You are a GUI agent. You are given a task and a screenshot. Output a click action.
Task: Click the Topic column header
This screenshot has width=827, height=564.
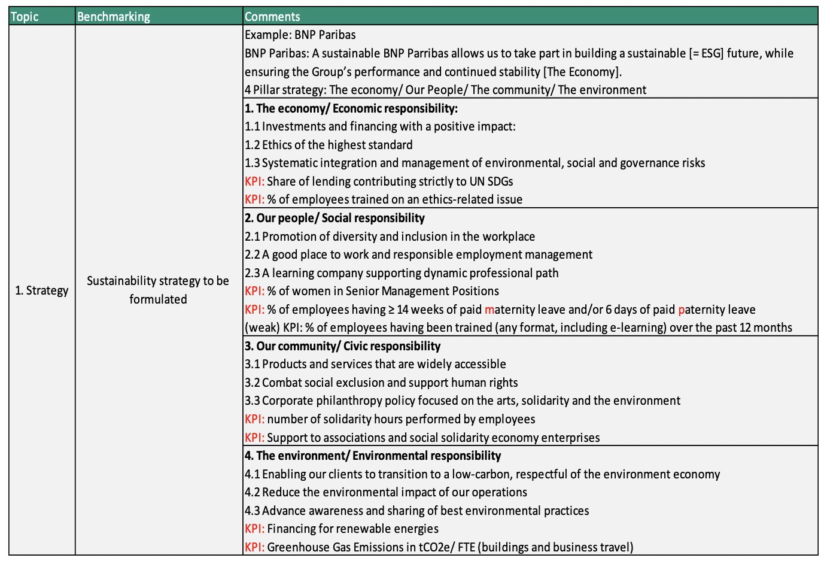coord(25,17)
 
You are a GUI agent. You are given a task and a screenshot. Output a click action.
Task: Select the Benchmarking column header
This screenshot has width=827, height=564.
coord(114,17)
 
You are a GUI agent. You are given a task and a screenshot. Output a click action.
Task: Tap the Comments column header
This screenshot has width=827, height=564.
coord(272,17)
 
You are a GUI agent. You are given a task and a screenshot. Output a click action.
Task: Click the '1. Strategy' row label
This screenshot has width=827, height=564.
coord(42,291)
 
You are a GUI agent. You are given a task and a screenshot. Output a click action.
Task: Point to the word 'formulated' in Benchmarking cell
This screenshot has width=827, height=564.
coord(158,299)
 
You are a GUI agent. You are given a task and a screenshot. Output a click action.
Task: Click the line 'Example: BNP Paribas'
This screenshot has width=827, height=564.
coord(300,35)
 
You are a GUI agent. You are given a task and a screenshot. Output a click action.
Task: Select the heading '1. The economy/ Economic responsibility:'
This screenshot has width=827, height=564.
coord(351,108)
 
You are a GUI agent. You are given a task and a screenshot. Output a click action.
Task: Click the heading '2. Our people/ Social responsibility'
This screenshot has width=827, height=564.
coord(335,218)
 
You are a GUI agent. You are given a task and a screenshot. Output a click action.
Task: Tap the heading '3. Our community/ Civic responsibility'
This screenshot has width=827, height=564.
coord(342,346)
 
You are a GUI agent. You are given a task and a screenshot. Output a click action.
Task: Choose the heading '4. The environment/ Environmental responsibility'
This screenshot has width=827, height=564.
coord(373,456)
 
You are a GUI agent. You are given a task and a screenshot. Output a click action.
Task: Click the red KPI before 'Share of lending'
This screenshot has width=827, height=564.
coord(254,181)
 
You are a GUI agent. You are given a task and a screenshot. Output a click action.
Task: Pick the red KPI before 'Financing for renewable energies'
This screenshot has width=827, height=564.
coord(254,529)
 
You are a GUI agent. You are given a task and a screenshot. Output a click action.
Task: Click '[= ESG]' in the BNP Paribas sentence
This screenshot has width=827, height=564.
coord(706,53)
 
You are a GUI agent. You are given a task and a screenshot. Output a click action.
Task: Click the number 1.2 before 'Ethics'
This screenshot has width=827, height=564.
coord(252,145)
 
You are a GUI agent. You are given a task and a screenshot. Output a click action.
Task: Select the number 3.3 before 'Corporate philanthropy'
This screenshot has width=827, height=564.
coord(252,401)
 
